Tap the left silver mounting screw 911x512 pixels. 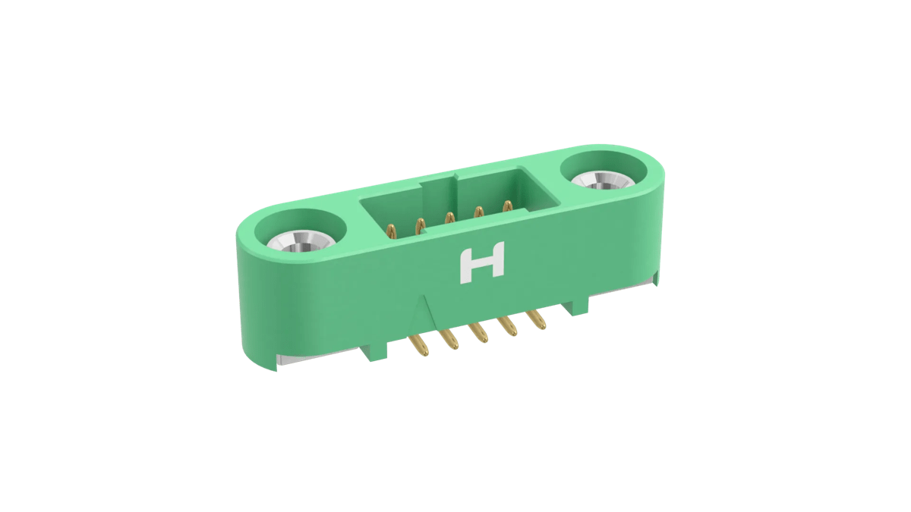300,242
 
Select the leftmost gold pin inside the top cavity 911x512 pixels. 389,230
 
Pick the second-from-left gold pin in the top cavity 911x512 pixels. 418,224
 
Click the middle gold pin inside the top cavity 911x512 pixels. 449,218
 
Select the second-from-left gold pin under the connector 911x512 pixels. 449,341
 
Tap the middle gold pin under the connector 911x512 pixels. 479,335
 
